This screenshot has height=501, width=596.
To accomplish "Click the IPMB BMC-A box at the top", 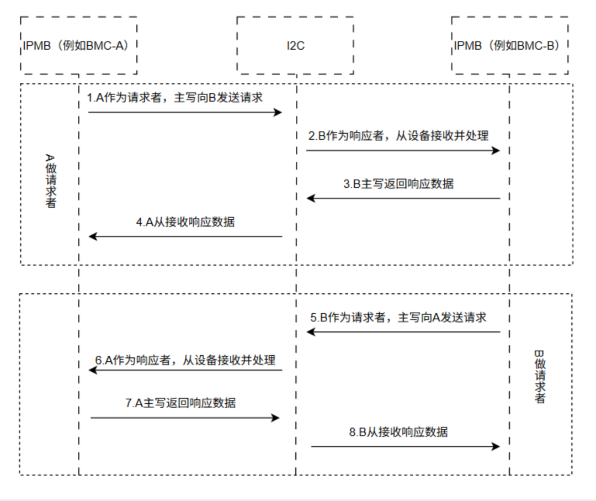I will click(78, 45).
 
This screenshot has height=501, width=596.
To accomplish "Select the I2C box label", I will click(295, 45).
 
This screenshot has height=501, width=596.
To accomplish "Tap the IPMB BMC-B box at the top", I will click(509, 45).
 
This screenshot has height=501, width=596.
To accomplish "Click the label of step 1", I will click(175, 98).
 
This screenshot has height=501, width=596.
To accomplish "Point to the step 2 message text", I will click(398, 135).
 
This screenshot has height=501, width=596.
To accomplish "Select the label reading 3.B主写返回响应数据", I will click(398, 184).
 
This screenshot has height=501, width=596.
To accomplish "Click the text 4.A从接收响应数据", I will click(185, 222).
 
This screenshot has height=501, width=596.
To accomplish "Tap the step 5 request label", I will click(398, 318).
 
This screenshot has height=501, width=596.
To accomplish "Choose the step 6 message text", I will click(185, 360).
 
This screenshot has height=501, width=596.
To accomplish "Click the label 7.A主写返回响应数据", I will click(180, 403).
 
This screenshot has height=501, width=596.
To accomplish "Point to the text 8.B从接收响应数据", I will click(398, 432).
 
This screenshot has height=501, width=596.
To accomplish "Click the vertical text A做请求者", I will click(50, 181).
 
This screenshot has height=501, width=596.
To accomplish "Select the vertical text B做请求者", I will click(539, 377).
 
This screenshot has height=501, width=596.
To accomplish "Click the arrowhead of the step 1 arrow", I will click(279, 113).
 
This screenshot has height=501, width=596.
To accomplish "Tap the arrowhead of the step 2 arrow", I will click(496, 150).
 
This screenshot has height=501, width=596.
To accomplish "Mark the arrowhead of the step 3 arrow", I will click(311, 198).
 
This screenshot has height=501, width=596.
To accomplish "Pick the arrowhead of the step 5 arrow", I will click(311, 332).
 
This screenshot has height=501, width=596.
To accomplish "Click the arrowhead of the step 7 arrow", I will click(276, 418).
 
